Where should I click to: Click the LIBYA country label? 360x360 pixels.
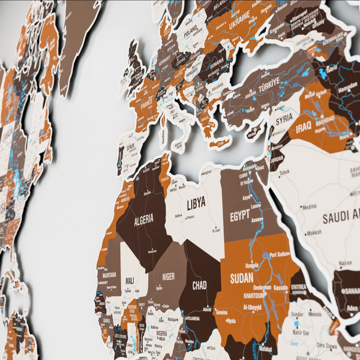point(196,203)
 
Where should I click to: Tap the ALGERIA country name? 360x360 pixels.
point(144,220)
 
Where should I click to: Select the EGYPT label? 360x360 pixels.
point(240,216)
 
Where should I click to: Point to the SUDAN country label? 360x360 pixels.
point(242,278)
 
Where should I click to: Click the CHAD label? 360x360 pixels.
point(199,285)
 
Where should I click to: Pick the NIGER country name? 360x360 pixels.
point(168,276)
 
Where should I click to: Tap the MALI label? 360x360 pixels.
point(130,281)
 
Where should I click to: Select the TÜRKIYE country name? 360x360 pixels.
point(269,85)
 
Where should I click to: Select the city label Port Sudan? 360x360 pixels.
point(279,254)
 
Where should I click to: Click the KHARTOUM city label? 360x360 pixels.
point(254,296)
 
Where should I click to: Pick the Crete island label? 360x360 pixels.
point(220,144)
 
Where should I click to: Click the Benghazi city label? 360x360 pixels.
point(207,172)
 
